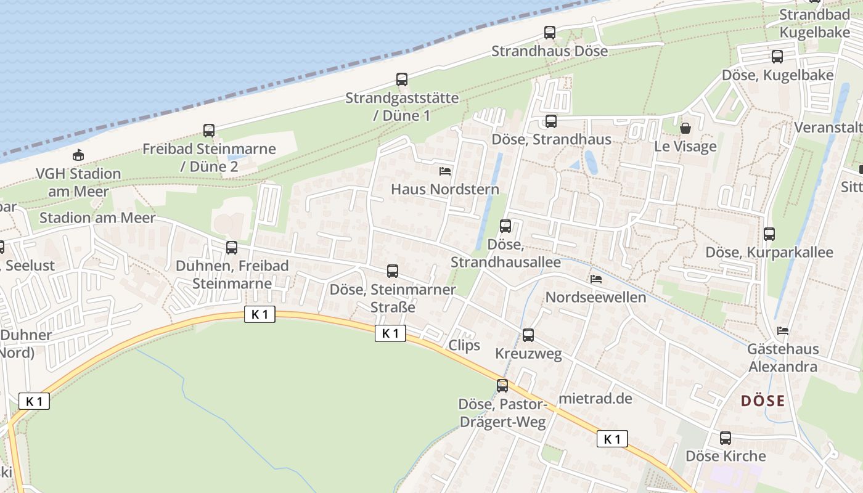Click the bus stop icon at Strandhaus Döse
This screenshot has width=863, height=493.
549,33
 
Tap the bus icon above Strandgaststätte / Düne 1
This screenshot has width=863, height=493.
402,79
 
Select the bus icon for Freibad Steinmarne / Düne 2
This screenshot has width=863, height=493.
209,131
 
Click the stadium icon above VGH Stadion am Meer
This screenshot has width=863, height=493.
78,155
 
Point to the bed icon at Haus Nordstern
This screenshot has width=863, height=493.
445,171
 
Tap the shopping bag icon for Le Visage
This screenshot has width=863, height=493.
685,128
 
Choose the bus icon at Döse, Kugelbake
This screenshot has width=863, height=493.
777,57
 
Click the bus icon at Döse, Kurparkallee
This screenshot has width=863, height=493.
769,234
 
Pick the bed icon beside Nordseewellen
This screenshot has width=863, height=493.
596,279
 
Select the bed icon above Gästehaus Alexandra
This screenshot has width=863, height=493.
783,331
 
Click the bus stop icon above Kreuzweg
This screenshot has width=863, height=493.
528,335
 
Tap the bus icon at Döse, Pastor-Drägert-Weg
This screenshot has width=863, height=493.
502,386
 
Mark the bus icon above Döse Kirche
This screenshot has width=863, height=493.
726,438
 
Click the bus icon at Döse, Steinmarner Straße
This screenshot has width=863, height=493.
393,271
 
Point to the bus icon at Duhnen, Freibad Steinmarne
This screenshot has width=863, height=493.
232,248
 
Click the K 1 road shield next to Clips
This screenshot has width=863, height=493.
390,333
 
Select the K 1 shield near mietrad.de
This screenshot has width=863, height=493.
612,439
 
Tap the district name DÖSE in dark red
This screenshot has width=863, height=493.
763,401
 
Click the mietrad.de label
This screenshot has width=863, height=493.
595,398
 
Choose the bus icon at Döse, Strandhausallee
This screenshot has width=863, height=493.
505,226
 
